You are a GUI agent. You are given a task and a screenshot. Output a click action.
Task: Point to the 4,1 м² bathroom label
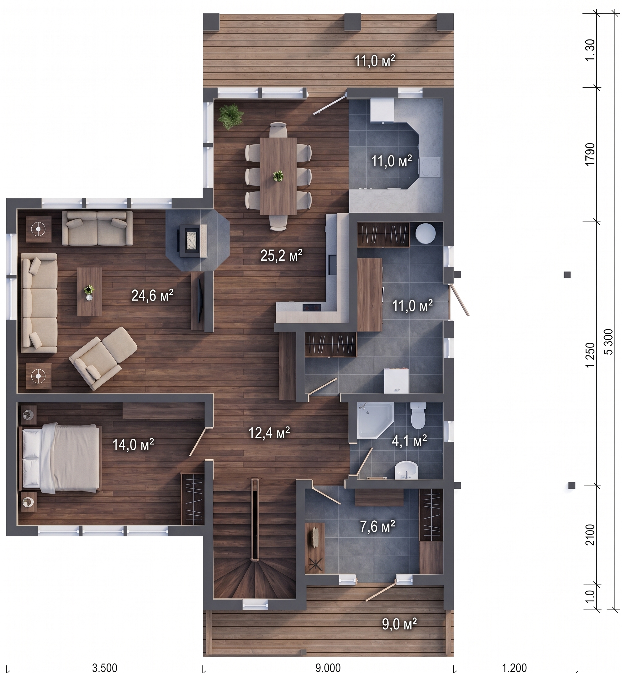pyautogui.click(x=409, y=440)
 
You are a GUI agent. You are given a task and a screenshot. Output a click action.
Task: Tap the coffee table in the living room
pyautogui.click(x=90, y=292)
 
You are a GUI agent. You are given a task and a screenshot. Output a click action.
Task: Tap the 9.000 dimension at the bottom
pyautogui.click(x=328, y=667)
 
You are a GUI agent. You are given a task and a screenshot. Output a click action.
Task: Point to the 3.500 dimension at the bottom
pyautogui.click(x=105, y=667)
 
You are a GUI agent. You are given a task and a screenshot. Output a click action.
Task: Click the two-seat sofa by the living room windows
pyautogui.click(x=97, y=228)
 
